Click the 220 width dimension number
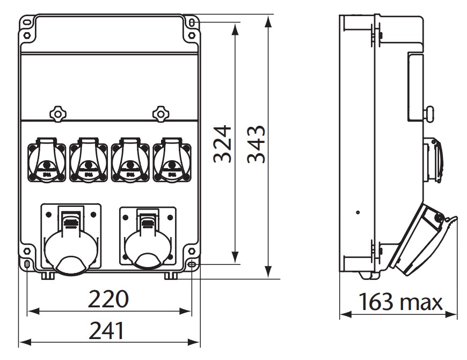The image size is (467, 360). pyautogui.click(x=109, y=299)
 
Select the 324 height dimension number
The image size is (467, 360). pyautogui.click(x=221, y=144)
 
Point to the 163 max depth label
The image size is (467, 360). pyautogui.click(x=400, y=302)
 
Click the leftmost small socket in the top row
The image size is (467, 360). pyautogui.click(x=46, y=160)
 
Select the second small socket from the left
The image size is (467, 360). pyautogui.click(x=87, y=160)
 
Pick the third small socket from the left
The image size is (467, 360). pyautogui.click(x=129, y=160)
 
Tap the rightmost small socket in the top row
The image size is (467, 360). pyautogui.click(x=171, y=160)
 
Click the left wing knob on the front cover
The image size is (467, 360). pyautogui.click(x=57, y=113)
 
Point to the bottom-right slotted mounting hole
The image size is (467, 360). pyautogui.click(x=192, y=264)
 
